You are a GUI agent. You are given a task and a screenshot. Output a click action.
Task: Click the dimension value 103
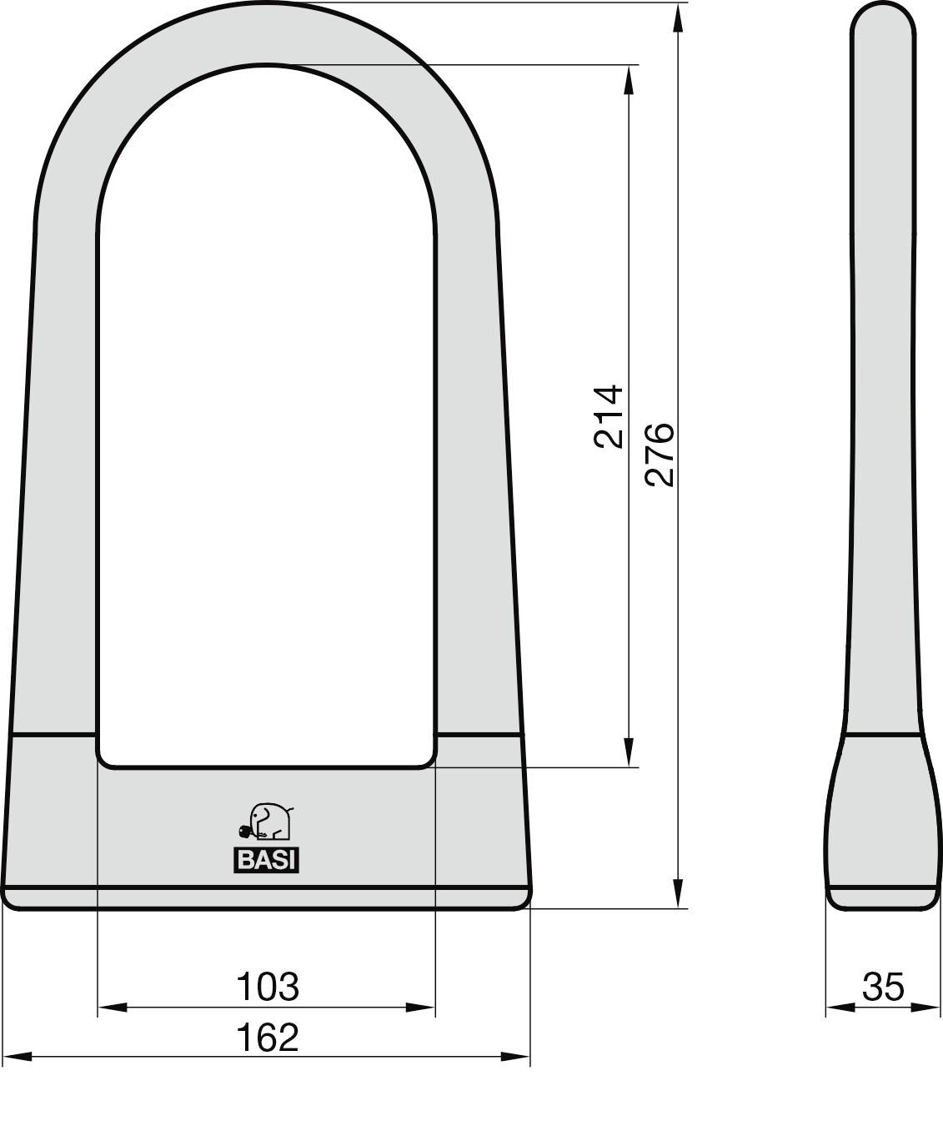pos(268,986)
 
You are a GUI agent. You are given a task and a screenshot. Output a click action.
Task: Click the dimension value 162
pos(268,1037)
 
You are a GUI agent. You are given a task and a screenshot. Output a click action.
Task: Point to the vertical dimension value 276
pos(660,454)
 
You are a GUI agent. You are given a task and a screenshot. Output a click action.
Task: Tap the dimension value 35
pos(883,987)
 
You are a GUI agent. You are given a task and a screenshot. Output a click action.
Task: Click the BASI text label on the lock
pos(266,861)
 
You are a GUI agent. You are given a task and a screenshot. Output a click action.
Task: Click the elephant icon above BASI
pos(270,822)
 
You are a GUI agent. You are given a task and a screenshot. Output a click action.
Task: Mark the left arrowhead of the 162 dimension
pos(17,1057)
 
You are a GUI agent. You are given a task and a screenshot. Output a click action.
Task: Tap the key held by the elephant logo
pos(245,831)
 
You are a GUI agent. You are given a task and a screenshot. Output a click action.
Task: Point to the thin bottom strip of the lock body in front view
pos(267,898)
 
